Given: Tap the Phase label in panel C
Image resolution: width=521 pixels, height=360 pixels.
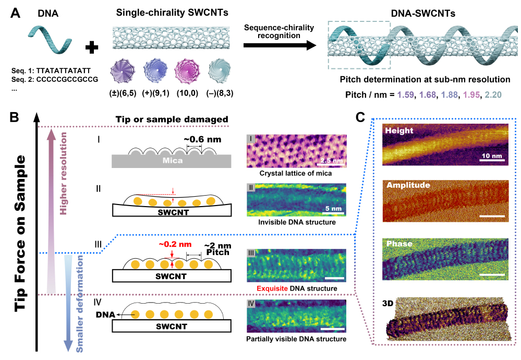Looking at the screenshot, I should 398,243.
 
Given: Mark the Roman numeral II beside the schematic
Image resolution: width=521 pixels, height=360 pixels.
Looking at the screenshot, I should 99,188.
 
